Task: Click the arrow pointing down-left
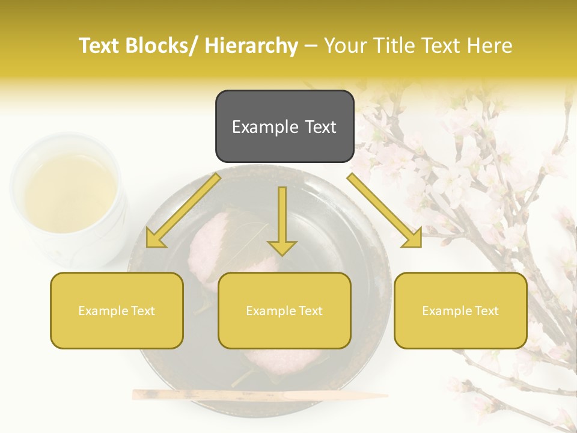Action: coord(182,211)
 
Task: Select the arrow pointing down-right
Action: coord(385,211)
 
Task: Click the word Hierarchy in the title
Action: coord(251,46)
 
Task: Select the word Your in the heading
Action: coord(344,46)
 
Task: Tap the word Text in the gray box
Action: coord(320,127)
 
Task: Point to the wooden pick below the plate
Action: coord(258,395)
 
